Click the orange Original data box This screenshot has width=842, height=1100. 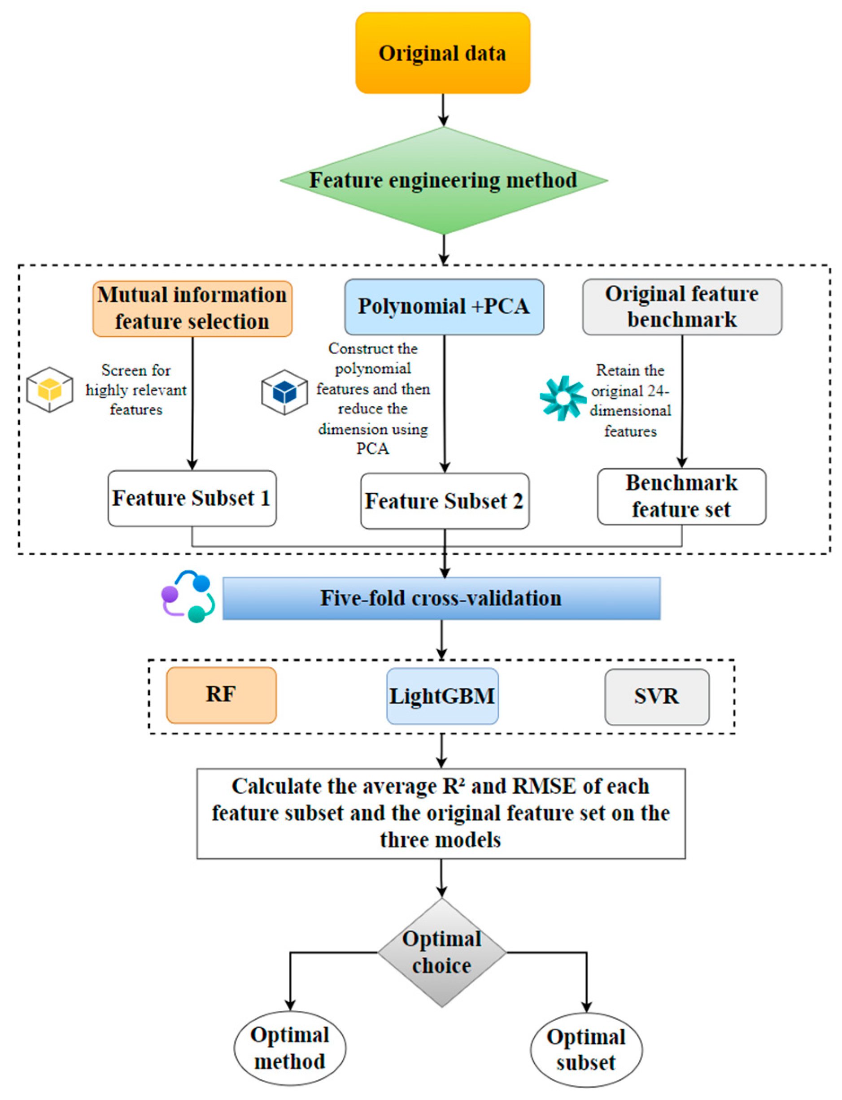pos(443,53)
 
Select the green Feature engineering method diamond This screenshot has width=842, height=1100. pos(444,180)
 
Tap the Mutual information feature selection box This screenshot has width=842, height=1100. pos(192,309)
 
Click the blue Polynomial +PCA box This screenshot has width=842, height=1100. pos(444,307)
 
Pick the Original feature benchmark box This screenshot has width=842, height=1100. pos(681,307)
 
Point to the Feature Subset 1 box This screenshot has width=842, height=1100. pos(192,498)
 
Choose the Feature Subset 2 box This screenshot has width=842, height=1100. pos(445,501)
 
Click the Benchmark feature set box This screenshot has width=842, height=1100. pos(681,496)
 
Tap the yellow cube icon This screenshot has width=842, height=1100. pos(50,389)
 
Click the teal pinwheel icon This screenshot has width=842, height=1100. pos(563,398)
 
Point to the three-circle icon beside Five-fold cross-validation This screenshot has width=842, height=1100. pos(188,596)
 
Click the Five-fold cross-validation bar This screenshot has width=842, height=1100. pos(441,598)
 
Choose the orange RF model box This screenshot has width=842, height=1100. pos(221,695)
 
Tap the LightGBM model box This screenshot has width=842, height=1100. pos(442,696)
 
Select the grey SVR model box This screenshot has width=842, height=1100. pos(657,697)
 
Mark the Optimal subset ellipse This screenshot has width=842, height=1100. pos(586,1049)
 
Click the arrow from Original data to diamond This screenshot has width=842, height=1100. pos(443,110)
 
